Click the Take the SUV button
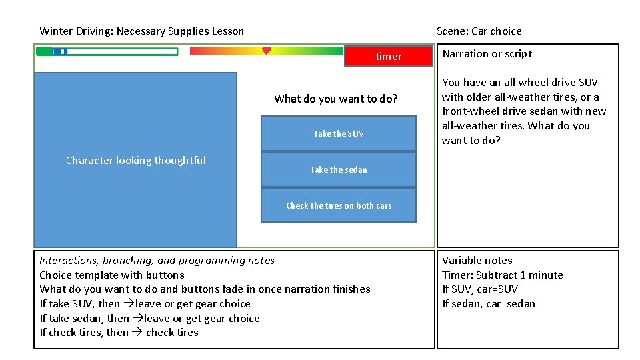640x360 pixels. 339,133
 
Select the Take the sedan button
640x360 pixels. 339,169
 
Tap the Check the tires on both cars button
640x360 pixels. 339,205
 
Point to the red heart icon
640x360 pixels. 266,51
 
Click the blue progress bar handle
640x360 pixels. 59,51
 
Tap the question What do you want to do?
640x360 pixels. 335,99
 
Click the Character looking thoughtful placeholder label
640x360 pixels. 136,160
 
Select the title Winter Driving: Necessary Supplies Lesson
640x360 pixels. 141,31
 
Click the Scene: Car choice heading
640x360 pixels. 479,31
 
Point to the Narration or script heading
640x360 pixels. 487,54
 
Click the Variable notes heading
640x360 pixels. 477,260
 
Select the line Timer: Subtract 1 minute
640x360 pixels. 502,275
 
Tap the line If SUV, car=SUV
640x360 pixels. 479,289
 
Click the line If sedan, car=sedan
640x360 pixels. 488,303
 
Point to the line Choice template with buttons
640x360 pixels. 111,275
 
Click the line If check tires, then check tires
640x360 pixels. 119,332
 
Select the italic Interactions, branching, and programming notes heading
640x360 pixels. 157,260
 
